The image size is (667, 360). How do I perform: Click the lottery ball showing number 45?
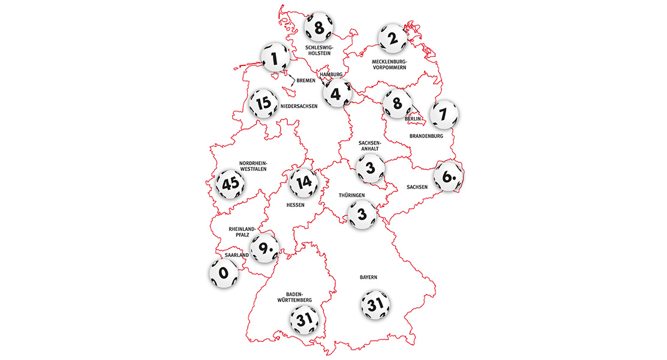230,184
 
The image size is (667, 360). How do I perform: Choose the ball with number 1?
277,58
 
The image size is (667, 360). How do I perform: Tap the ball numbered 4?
336,93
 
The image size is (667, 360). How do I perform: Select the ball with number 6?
449,176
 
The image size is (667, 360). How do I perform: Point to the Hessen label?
295,205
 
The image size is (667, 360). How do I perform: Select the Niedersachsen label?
299,106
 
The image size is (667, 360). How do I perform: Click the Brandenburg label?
426,136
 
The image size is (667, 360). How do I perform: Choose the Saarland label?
237,255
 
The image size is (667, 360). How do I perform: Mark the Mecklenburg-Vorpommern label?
389,64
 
